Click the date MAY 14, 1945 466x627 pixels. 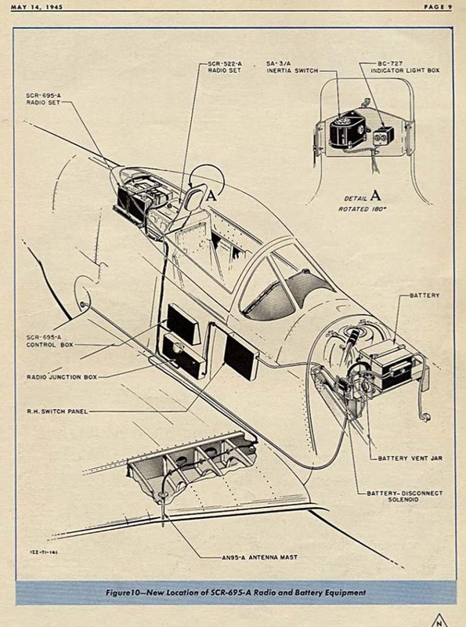(37, 7)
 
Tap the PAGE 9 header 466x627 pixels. (438, 7)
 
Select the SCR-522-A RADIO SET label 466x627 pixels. (225, 67)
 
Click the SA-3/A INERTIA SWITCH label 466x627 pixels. (292, 67)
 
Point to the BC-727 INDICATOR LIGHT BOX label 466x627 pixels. (405, 67)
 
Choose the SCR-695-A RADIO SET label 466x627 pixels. (44, 100)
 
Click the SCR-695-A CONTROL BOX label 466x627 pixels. (50, 341)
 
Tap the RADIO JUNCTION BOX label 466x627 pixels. (62, 377)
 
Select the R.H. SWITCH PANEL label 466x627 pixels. (57, 411)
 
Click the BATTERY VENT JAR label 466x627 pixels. (410, 458)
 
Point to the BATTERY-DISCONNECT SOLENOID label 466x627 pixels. (405, 496)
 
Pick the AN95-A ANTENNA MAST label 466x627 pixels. (260, 557)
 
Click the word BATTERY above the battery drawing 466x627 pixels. (424, 295)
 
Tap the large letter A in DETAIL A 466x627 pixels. (375, 195)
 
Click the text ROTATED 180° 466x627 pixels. (363, 209)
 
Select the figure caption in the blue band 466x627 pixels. (236, 593)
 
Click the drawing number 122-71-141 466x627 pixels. (44, 552)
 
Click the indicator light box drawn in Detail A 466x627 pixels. (383, 136)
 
